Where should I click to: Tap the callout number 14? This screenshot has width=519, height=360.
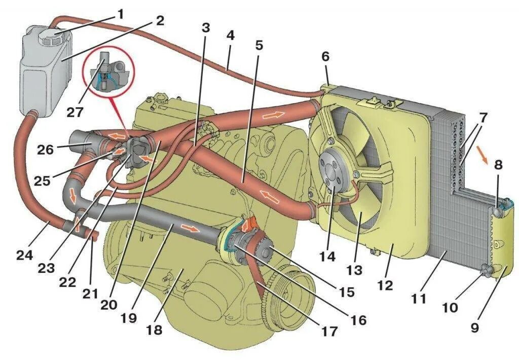coord(328,257)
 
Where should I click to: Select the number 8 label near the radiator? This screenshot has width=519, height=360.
coord(499,165)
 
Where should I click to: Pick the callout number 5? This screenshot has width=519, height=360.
coord(259,45)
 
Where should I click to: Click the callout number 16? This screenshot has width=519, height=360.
coord(358,320)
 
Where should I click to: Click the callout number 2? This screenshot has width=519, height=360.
coord(160,21)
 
